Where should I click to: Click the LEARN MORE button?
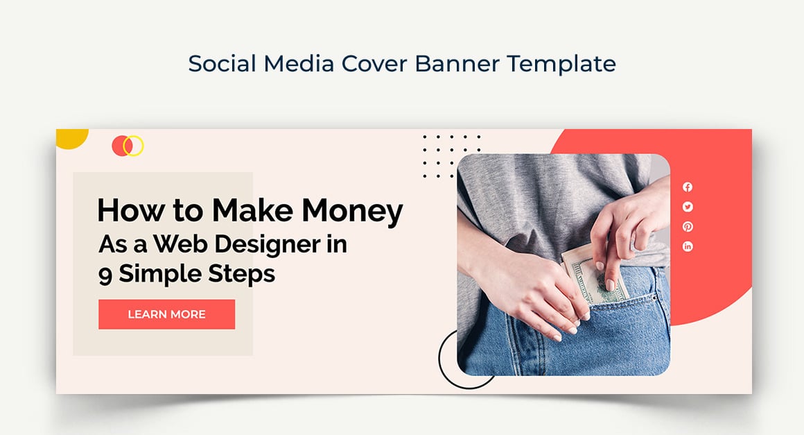pyautogui.click(x=166, y=314)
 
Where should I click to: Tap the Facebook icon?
pyautogui.click(x=688, y=187)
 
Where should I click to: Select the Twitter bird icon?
pyautogui.click(x=688, y=207)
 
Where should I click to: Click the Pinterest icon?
pyautogui.click(x=688, y=227)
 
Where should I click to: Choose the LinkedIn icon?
pyautogui.click(x=688, y=246)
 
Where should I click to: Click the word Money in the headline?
pyautogui.click(x=351, y=211)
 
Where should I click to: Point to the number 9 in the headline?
pyautogui.click(x=105, y=275)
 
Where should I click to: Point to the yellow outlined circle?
pyautogui.click(x=133, y=146)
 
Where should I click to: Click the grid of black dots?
pyautogui.click(x=451, y=157)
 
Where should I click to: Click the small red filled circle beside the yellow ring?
pyautogui.click(x=119, y=146)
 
